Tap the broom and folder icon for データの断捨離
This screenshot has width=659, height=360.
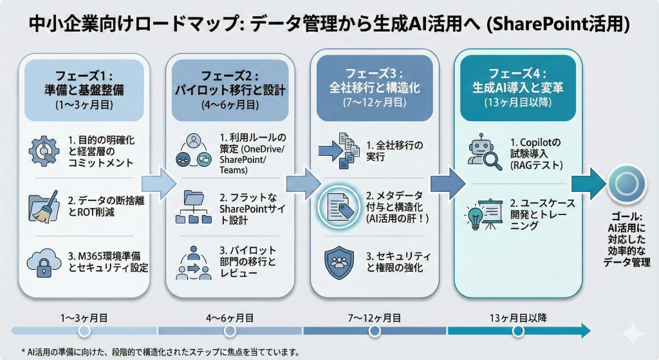(44, 205)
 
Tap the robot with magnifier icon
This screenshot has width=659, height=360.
(485, 152)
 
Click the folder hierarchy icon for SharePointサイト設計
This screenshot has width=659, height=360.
(193, 205)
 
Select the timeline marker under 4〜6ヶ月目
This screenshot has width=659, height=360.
(230, 331)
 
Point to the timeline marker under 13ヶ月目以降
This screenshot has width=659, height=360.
(517, 331)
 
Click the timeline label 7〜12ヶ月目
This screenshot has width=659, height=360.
(375, 317)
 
